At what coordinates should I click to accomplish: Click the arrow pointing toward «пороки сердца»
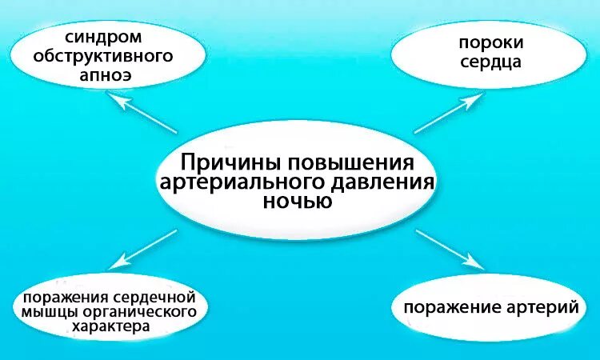click(450, 111)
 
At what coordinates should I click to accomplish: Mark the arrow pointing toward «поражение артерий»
click(450, 248)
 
